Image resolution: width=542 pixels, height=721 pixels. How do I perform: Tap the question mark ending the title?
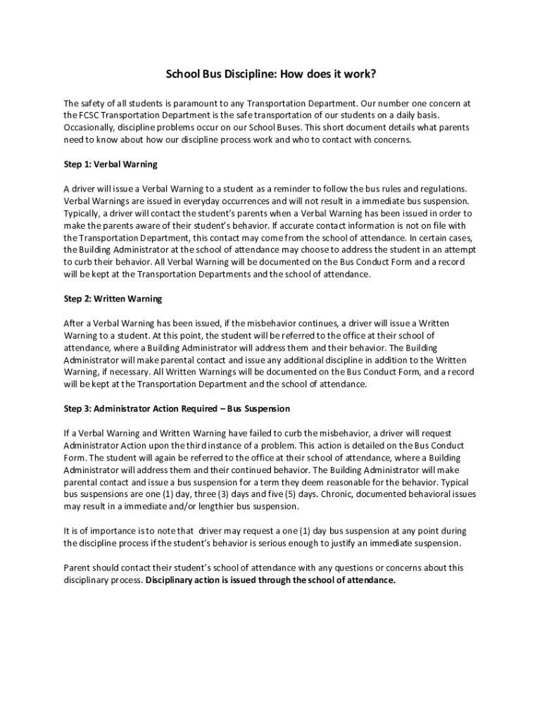point(373,74)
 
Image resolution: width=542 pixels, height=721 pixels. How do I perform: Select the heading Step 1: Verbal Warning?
point(111,164)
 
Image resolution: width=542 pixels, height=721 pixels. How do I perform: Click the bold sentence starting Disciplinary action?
point(271,580)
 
